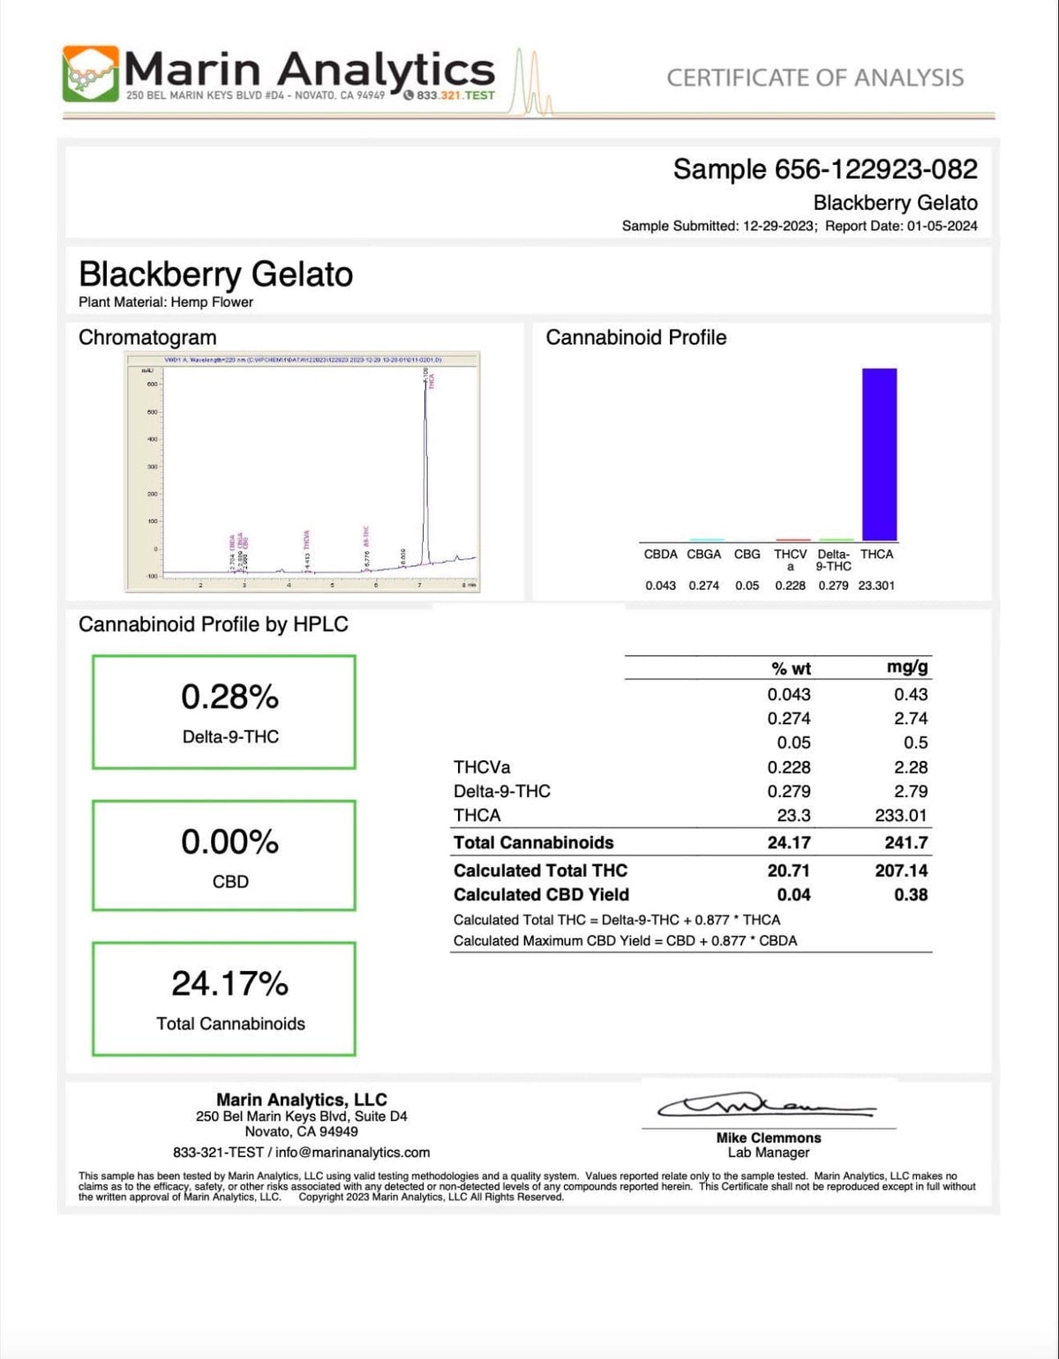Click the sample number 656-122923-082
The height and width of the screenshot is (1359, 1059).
[875, 169]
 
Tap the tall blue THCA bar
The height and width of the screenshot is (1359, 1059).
[879, 453]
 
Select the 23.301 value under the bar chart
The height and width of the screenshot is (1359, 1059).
[876, 586]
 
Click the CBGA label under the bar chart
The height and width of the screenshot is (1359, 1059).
[703, 555]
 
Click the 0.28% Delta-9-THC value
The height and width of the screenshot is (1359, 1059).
[229, 698]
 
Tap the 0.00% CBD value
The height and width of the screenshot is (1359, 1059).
[229, 842]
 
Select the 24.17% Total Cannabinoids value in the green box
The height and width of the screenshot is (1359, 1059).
[229, 983]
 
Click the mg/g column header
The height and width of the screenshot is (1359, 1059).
[907, 668]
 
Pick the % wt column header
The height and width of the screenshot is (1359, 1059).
[791, 668]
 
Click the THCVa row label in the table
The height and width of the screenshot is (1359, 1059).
[482, 767]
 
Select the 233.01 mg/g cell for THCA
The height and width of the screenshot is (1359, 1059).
[901, 816]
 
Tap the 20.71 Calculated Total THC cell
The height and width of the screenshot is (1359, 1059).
[788, 870]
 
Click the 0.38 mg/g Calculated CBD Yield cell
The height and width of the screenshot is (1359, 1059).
[911, 894]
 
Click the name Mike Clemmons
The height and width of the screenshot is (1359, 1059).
[768, 1138]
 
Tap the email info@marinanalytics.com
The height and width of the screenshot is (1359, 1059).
[352, 1153]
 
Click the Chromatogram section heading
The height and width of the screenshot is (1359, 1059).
[147, 338]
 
